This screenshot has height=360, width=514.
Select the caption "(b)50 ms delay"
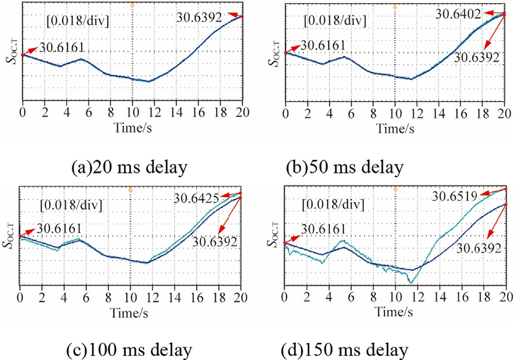tap(345, 168)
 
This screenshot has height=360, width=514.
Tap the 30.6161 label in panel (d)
tap(322, 228)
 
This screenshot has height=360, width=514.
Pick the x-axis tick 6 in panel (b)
tap(350, 111)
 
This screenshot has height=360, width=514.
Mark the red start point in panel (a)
tap(22, 54)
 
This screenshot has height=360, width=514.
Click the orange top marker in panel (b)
tap(395, 5)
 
